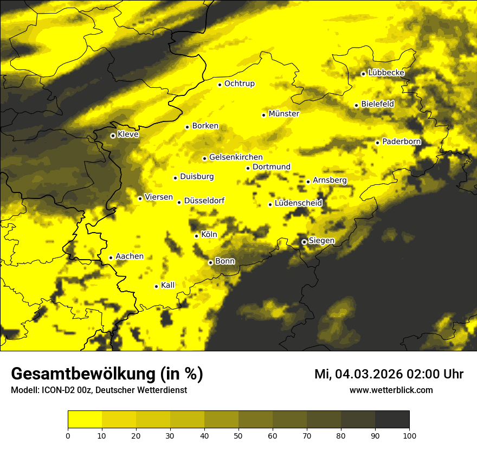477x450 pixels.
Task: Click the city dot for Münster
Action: pyautogui.click(x=264, y=115)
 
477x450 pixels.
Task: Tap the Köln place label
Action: pyautogui.click(x=209, y=235)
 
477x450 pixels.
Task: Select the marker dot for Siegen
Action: pyautogui.click(x=305, y=242)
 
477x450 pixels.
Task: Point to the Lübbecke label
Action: pyautogui.click(x=386, y=73)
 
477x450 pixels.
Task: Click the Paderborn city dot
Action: pyautogui.click(x=378, y=143)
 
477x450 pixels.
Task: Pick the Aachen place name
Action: pyautogui.click(x=130, y=256)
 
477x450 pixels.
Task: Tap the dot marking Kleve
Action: pyautogui.click(x=113, y=136)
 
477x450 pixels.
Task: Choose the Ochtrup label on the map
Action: pyautogui.click(x=239, y=83)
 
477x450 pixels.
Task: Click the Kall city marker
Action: pyautogui.click(x=156, y=286)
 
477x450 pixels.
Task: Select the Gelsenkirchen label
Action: pyautogui.click(x=236, y=157)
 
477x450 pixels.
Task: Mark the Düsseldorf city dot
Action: pyautogui.click(x=179, y=202)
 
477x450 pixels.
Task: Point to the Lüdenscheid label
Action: pyautogui.click(x=298, y=203)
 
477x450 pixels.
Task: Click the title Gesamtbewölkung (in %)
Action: pyautogui.click(x=107, y=374)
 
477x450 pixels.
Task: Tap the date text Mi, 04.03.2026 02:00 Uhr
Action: pyautogui.click(x=389, y=374)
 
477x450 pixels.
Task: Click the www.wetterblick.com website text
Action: pyautogui.click(x=391, y=390)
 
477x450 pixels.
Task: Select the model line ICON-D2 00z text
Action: pyautogui.click(x=99, y=390)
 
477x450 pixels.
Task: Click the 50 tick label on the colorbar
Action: pyautogui.click(x=238, y=435)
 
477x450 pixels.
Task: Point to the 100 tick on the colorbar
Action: pyautogui.click(x=409, y=435)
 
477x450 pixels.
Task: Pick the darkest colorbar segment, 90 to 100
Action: pyautogui.click(x=392, y=420)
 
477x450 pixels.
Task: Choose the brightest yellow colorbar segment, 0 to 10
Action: pyautogui.click(x=85, y=420)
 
